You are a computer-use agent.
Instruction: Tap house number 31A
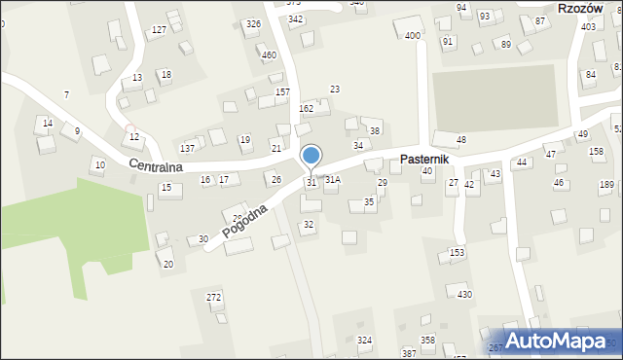pos(333,180)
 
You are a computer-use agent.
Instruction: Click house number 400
pos(413,36)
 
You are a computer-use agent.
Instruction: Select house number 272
pos(214,296)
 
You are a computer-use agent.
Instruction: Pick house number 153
pos(457,252)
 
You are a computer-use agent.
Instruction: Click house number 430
pos(465,294)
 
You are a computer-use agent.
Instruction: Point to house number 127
pos(159,31)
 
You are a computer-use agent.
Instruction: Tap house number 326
pos(253,23)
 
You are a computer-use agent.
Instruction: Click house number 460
pos(269,54)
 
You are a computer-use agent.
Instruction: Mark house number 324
pos(364,340)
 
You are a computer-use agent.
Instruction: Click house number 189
pos(606,184)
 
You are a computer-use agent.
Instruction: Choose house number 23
pos(334,90)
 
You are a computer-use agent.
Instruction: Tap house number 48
pos(461,140)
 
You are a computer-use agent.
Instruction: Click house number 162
pos(306,108)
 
